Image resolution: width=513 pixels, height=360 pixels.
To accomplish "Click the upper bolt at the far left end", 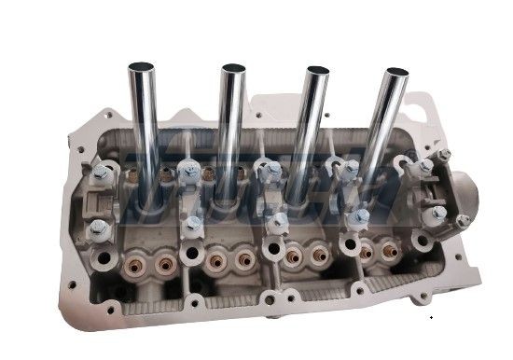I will click(98, 172).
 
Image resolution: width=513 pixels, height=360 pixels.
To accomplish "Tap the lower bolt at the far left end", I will click(100, 228).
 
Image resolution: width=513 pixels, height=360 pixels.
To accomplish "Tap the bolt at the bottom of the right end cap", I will click(437, 215).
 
